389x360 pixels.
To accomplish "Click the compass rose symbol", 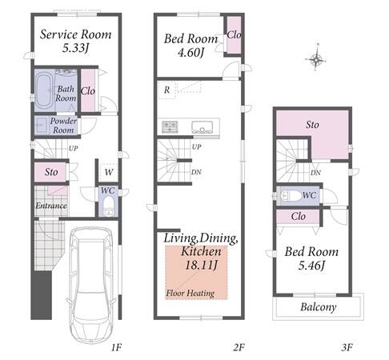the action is pyautogui.click(x=315, y=59).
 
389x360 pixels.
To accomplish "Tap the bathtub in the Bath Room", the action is pyautogui.click(x=44, y=90).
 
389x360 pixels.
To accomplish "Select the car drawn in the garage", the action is pyautogui.click(x=91, y=285).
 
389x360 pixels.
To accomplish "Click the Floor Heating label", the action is pyautogui.click(x=190, y=293).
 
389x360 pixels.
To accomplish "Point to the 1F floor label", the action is pyautogui.click(x=116, y=347).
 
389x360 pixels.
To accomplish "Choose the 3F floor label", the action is pyautogui.click(x=347, y=347).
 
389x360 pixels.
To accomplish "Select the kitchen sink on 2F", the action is pyautogui.click(x=202, y=127).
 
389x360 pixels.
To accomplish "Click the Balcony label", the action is pyautogui.click(x=318, y=307).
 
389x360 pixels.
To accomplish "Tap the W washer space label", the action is pyautogui.click(x=109, y=172).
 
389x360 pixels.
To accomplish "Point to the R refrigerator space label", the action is pyautogui.click(x=166, y=90).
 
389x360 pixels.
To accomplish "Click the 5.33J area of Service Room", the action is pyautogui.click(x=75, y=48).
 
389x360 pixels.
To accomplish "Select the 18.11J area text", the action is pyautogui.click(x=201, y=265).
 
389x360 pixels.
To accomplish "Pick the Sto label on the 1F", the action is pyautogui.click(x=51, y=172).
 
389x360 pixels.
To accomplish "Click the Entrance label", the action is pyautogui.click(x=51, y=206).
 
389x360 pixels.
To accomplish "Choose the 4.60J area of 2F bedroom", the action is pyautogui.click(x=191, y=52).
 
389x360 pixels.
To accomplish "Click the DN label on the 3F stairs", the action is pyautogui.click(x=315, y=173).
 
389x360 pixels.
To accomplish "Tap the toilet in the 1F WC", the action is pyautogui.click(x=108, y=207).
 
